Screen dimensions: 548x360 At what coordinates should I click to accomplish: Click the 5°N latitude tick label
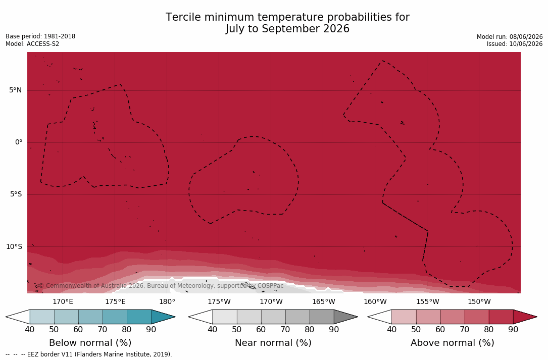15,90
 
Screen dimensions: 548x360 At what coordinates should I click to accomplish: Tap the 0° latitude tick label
19,142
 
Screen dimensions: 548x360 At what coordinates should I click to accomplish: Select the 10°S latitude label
14,247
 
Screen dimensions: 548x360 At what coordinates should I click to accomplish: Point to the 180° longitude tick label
167,301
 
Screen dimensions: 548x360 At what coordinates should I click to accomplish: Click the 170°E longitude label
63,301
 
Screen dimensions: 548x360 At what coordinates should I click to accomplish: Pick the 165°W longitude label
323,301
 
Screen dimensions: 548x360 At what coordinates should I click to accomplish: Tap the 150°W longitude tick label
479,301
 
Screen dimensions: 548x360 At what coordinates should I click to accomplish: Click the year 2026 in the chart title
336,29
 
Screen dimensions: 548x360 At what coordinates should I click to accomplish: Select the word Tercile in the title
182,17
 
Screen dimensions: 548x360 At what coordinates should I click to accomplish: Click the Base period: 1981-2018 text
40,36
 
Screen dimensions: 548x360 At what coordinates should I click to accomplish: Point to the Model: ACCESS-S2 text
32,44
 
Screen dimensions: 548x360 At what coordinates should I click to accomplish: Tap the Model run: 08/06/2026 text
510,37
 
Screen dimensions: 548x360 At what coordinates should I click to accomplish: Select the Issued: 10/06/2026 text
515,44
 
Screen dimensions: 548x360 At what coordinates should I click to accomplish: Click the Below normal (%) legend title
90,342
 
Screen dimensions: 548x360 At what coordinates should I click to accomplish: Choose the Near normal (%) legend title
273,342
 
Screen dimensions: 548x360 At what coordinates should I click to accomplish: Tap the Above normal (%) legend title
452,342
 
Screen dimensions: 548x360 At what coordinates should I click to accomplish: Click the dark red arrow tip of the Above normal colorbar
536,317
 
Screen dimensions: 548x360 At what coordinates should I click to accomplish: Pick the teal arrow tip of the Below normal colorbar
174,317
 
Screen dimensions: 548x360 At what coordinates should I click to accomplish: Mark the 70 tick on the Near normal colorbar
285,329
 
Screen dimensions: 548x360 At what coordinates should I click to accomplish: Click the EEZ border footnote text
89,354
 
